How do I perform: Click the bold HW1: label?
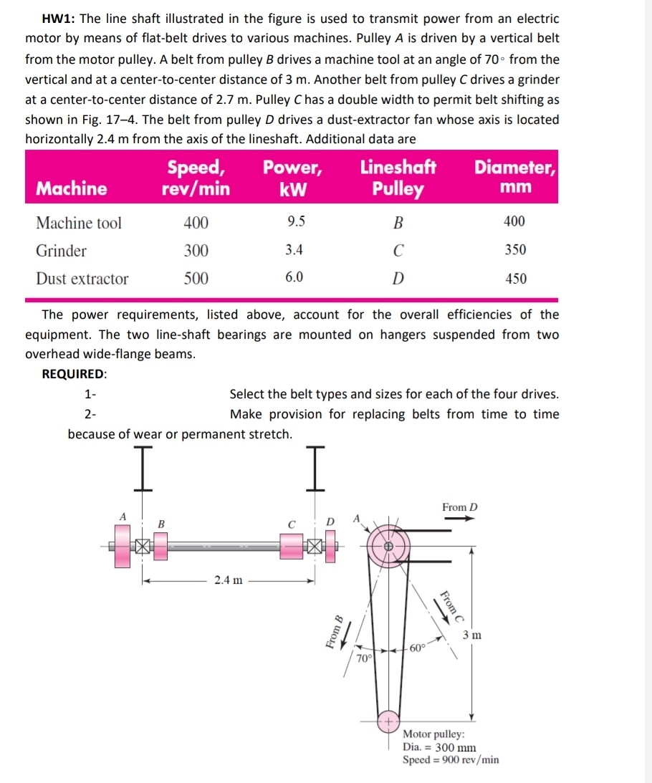[x=47, y=19]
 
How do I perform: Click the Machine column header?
[x=72, y=188]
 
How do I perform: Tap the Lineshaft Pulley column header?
[x=398, y=178]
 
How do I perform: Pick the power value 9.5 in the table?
[x=295, y=222]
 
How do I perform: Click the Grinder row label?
[x=62, y=251]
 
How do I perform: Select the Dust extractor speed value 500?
[x=196, y=279]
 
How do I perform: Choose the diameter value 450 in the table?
[x=516, y=279]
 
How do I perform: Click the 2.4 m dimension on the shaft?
[x=229, y=580]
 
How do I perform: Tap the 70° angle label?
[x=364, y=657]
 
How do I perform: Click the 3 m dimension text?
[x=472, y=635]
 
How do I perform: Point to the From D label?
[x=459, y=507]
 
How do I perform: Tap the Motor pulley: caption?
[x=433, y=734]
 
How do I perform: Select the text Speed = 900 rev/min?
[x=451, y=759]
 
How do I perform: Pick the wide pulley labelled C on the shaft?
[x=292, y=546]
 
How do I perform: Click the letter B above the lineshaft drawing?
[x=161, y=524]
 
